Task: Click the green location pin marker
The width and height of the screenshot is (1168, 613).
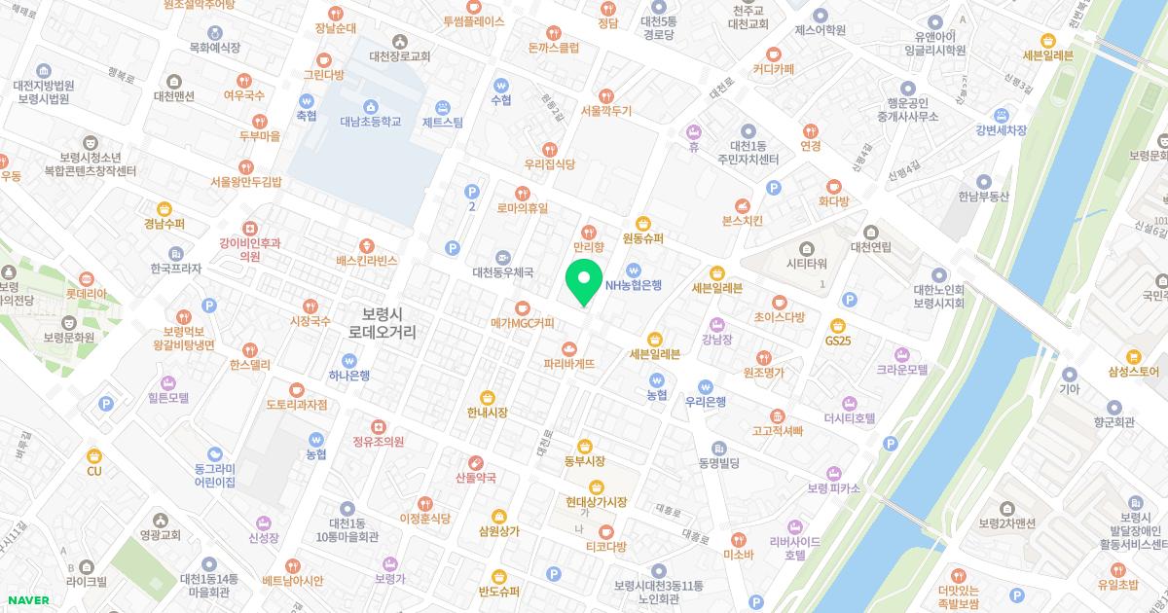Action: click(583, 281)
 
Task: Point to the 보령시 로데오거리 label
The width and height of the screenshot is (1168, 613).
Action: click(387, 322)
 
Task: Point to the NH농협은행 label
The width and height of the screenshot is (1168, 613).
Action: click(633, 285)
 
